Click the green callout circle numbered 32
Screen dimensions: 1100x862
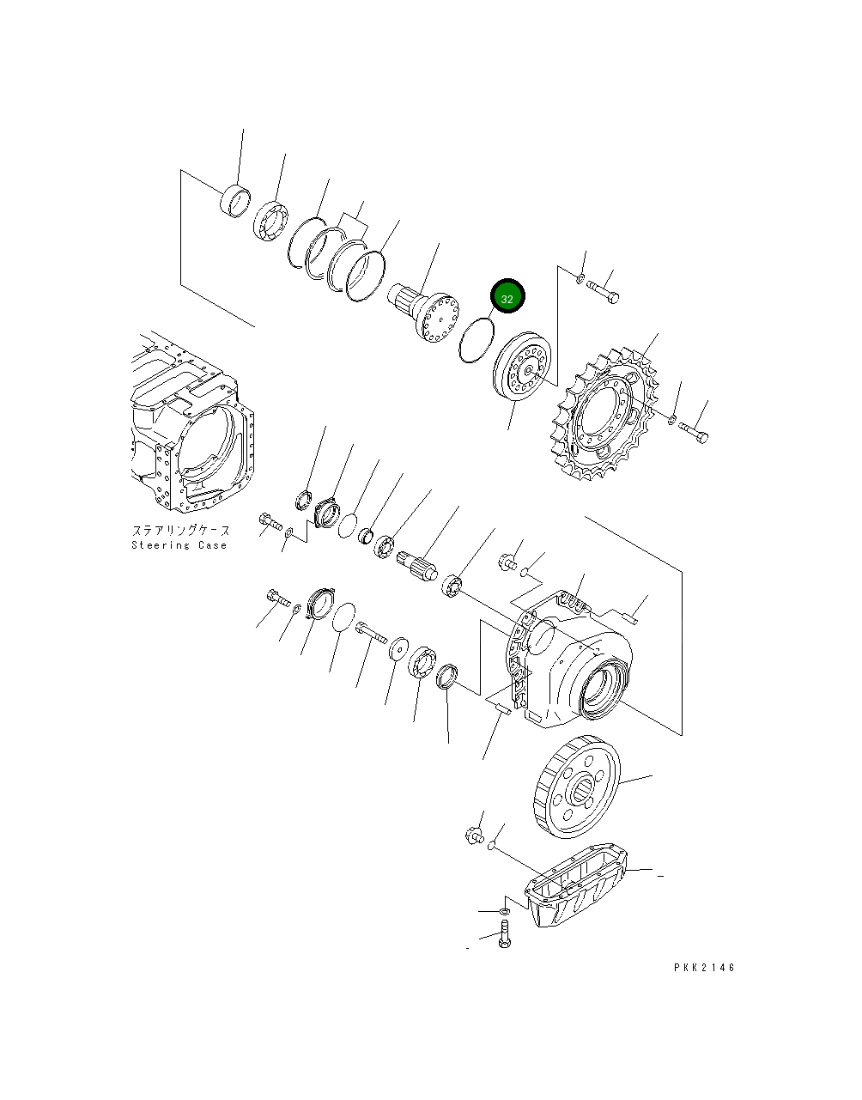point(507,298)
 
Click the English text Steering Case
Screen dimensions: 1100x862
point(179,545)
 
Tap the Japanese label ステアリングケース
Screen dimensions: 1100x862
point(180,532)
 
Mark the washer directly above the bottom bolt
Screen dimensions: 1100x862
point(505,909)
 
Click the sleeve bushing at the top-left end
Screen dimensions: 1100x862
point(235,199)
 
